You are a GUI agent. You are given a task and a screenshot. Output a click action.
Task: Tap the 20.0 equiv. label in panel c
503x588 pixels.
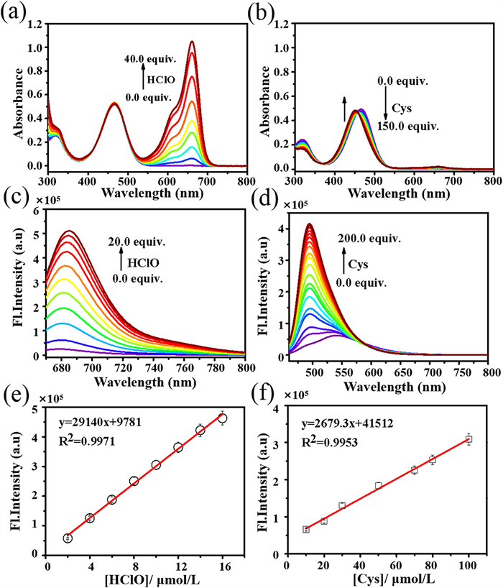pos(134,242)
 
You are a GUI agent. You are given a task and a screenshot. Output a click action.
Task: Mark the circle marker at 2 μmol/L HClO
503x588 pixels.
pos(68,538)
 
